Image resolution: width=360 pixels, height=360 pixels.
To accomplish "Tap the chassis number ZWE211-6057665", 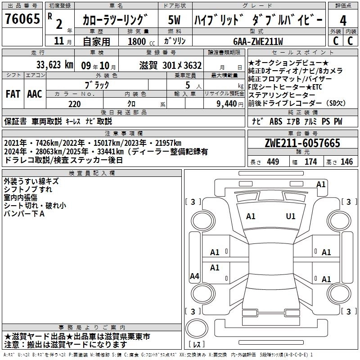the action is [302, 144].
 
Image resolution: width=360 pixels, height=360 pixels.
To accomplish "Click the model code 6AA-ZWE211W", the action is [258, 41].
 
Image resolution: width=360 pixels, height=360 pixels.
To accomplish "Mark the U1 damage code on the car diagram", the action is [291, 216].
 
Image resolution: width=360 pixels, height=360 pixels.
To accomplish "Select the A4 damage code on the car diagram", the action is [194, 276].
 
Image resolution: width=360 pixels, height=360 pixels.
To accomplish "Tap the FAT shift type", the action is [13, 94].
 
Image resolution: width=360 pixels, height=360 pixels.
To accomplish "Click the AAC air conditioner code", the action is [35, 94].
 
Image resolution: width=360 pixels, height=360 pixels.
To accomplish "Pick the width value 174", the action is [310, 162].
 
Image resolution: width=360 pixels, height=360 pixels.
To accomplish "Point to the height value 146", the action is [346, 162].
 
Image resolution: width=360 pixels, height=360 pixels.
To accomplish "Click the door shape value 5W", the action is [175, 21].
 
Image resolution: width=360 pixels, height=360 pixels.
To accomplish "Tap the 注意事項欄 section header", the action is [123, 134].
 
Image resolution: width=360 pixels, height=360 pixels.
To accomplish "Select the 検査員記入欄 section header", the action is [91, 173].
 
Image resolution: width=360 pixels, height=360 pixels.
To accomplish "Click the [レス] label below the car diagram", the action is [197, 345].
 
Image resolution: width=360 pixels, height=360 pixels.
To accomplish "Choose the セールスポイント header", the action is [302, 53].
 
